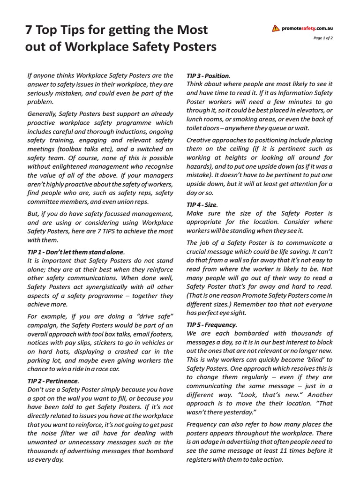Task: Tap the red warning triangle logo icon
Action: point(276,29)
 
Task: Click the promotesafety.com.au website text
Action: point(307,29)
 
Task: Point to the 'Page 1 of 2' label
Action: point(323,38)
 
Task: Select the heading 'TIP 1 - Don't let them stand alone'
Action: point(76,252)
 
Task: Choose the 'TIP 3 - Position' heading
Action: point(208,75)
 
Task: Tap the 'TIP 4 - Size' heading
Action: point(202,204)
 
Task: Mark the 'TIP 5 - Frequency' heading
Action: point(211,325)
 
